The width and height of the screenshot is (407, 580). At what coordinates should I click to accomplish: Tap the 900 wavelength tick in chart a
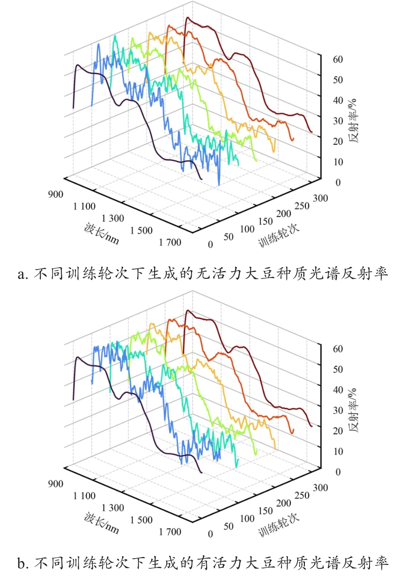(56, 194)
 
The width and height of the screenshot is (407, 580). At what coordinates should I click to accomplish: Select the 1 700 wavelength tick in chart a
(169, 242)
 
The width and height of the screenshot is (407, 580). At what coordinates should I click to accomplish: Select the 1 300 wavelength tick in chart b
(113, 508)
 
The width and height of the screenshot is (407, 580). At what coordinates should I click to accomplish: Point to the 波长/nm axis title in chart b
(101, 522)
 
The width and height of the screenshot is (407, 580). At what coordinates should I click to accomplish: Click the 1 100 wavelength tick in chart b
(85, 496)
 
